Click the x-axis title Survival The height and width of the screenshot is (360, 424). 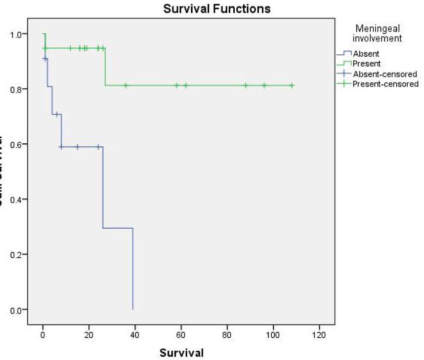(181, 353)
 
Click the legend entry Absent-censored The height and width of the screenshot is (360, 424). (384, 74)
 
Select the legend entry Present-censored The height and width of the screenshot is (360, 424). (385, 84)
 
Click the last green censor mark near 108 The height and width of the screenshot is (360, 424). (292, 85)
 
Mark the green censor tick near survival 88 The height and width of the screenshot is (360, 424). (246, 85)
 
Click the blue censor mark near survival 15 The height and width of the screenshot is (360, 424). (77, 147)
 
